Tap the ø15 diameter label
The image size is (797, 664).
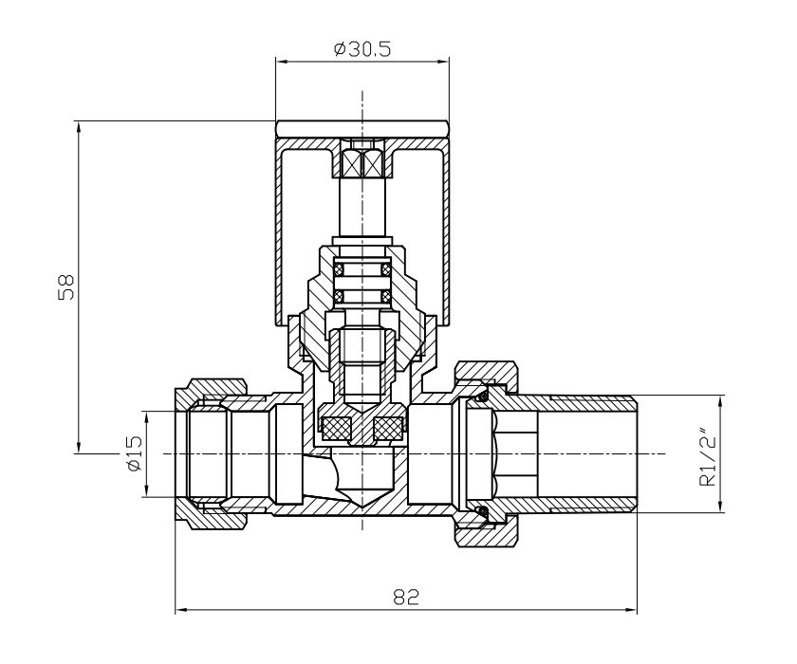134,453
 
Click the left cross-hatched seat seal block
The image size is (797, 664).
335,429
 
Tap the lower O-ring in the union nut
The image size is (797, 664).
483,513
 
